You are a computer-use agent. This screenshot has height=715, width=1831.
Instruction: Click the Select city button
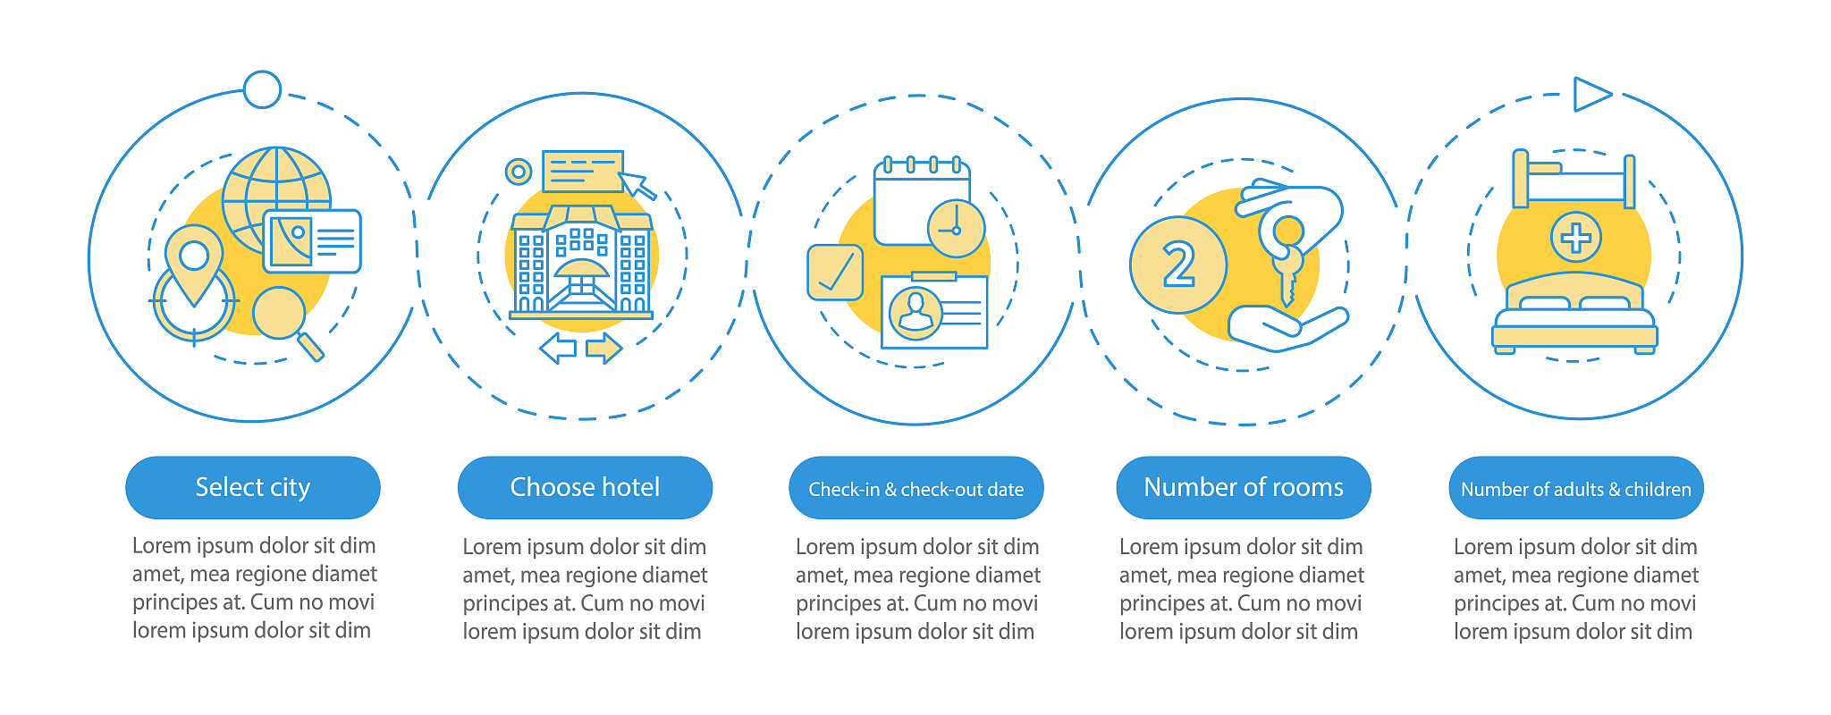pos(253,487)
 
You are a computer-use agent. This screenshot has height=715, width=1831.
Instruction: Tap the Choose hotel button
pos(585,487)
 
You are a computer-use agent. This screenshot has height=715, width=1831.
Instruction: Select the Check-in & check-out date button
pos(916,488)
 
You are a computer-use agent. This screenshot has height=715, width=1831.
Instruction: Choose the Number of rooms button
pos(1244,487)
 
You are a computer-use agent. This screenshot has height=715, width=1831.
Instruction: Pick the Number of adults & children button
pos(1576,488)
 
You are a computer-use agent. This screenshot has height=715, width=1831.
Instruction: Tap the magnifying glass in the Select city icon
pos(285,320)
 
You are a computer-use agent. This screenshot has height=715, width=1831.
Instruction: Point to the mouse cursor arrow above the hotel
pos(637,185)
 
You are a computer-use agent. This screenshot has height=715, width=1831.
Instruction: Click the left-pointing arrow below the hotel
pos(558,348)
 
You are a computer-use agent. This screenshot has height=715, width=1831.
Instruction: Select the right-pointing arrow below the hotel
pos(604,348)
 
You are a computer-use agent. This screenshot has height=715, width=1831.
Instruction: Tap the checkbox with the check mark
pos(835,273)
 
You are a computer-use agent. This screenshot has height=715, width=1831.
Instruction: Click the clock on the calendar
pos(956,229)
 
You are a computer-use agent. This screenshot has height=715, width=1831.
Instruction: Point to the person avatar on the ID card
pos(915,313)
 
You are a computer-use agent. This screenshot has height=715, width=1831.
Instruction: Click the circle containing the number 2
pos(1178,265)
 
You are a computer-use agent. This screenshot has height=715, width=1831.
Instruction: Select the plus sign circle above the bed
pos(1575,238)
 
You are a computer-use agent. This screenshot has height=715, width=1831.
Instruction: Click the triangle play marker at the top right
pos(1591,94)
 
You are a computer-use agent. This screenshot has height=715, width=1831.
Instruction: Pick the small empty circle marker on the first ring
pos(262,89)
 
